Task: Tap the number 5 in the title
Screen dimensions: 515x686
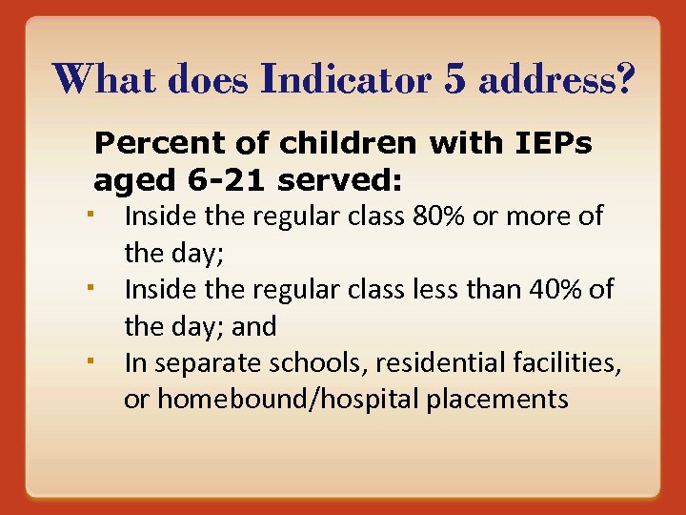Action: coord(455,80)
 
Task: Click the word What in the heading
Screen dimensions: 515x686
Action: coord(103,80)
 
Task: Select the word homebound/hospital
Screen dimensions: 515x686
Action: coord(288,399)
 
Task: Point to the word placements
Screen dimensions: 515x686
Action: coord(497,399)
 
